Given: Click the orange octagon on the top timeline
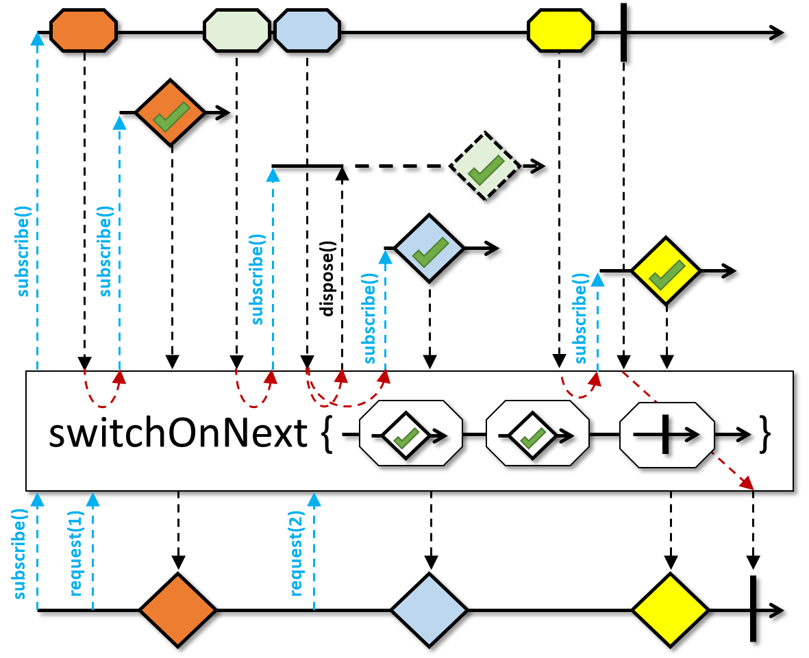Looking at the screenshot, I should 84,31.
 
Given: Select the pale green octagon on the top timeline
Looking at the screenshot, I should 237,31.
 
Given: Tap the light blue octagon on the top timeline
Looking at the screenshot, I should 307,31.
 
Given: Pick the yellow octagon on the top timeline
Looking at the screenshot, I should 560,31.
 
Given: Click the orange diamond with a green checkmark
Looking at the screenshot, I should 171,113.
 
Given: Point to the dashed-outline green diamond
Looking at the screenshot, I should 485,166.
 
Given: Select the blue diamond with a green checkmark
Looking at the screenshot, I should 430,248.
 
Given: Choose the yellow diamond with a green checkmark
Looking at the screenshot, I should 666,271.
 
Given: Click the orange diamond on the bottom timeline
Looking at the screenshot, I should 177,609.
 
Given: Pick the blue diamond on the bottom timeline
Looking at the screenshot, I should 430,609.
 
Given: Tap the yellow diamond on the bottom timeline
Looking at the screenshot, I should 670,609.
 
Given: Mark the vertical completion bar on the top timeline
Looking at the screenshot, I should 623,32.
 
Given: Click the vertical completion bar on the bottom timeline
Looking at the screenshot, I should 753,609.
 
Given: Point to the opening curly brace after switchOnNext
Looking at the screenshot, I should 327,434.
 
